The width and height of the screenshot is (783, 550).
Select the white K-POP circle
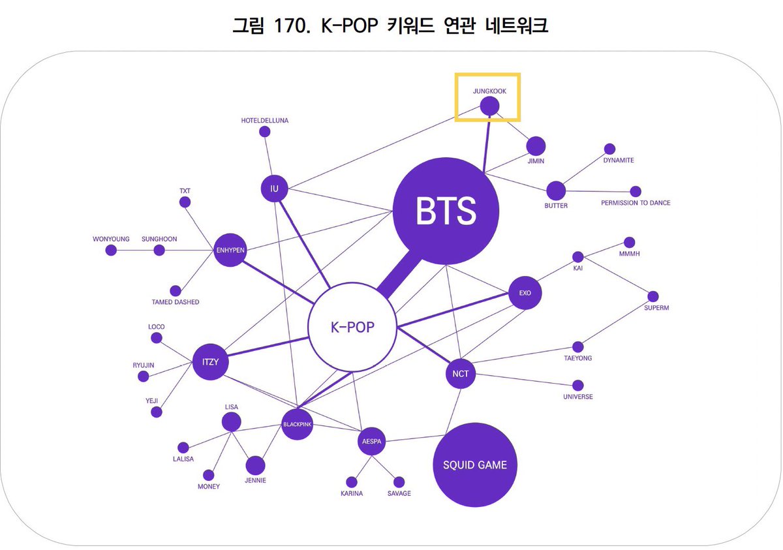[x=352, y=326]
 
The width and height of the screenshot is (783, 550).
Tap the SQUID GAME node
[x=474, y=465]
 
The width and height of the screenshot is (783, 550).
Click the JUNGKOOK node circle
[x=489, y=106]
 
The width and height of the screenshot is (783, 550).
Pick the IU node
[x=274, y=189]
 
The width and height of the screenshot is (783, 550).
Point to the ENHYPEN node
[x=229, y=250]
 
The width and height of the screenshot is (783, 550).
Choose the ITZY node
[x=209, y=361]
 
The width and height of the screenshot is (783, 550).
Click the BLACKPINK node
[x=298, y=424]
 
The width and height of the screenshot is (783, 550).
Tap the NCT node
[x=460, y=374]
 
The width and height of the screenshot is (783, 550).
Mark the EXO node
[x=525, y=293]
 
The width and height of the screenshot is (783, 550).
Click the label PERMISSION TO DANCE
[x=635, y=203]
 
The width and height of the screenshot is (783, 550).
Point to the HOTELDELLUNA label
[x=264, y=121]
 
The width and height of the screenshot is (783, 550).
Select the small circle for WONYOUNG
[x=111, y=250]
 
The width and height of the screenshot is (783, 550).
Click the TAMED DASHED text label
[x=176, y=302]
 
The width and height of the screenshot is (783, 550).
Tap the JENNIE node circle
[x=255, y=465]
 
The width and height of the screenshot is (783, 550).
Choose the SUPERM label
[x=656, y=307]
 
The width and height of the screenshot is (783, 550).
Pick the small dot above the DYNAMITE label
[x=609, y=149]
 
